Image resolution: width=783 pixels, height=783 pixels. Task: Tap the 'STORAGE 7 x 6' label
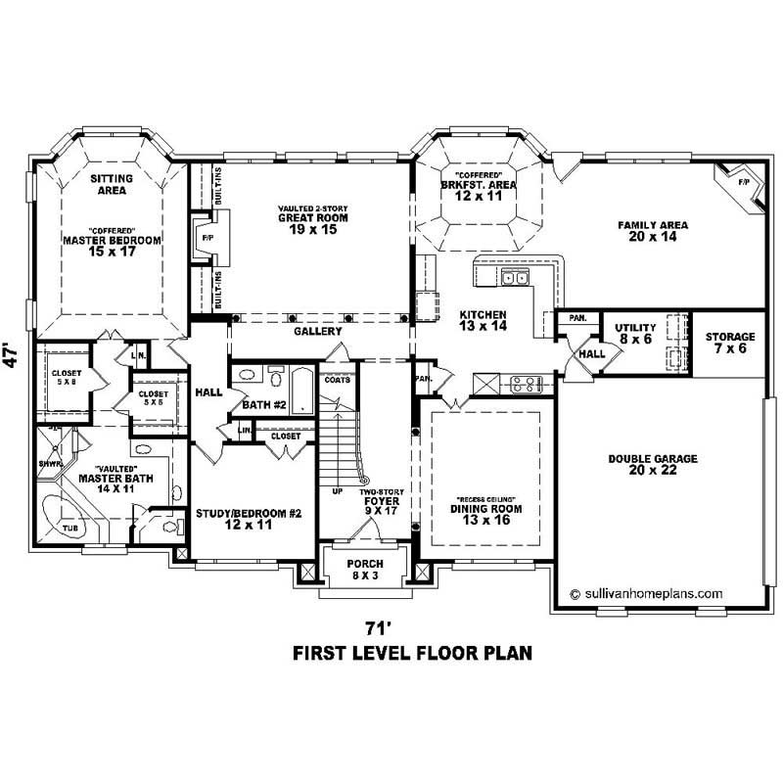click(730, 342)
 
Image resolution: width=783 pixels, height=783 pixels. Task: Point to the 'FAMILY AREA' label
click(653, 231)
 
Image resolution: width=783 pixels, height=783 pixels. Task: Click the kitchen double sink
click(515, 279)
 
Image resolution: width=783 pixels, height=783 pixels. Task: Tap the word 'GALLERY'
click(317, 332)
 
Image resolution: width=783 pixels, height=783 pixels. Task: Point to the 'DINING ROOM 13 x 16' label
click(486, 515)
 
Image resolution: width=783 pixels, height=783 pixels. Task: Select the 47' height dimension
click(11, 354)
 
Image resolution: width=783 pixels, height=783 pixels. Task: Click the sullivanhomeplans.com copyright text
click(645, 592)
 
